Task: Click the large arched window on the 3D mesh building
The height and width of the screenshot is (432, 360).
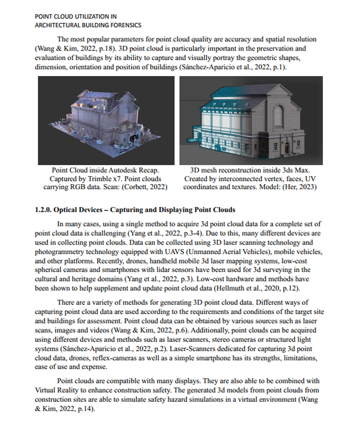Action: [x=278, y=114]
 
